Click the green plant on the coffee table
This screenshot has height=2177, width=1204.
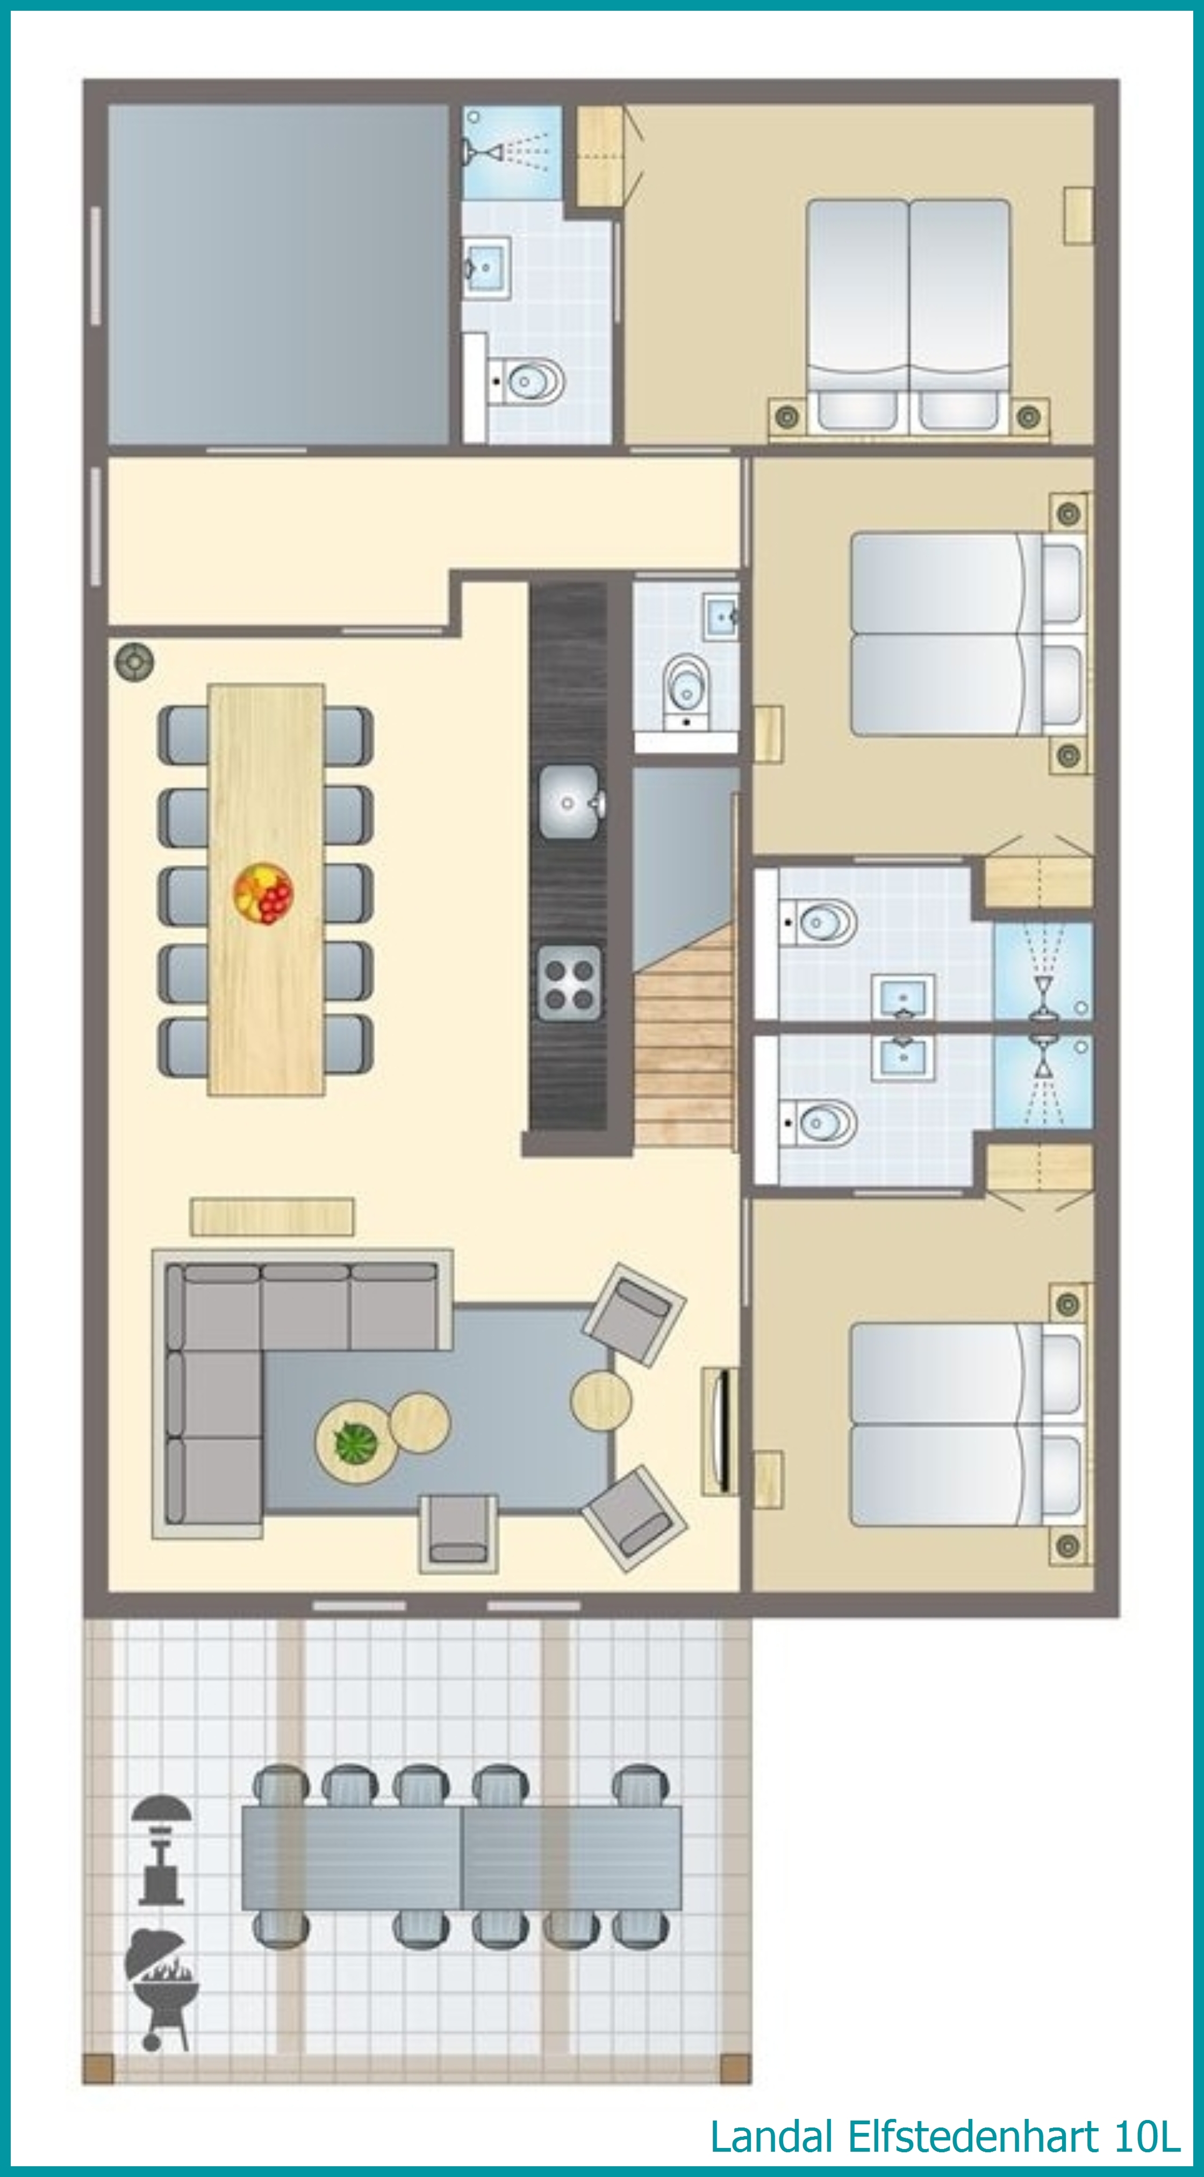[356, 1442]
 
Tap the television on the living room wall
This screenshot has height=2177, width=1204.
[720, 1431]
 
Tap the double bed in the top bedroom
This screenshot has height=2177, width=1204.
[908, 317]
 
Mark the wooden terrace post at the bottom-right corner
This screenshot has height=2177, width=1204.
[735, 2069]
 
